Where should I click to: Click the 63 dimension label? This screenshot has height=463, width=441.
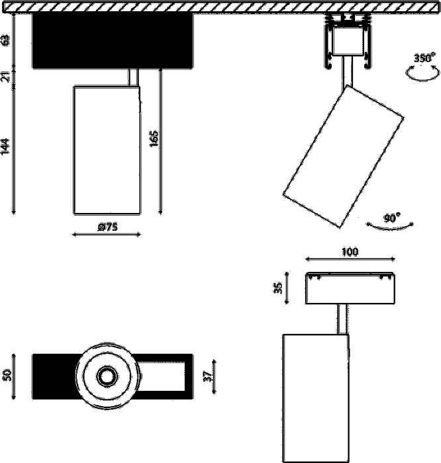click(6, 39)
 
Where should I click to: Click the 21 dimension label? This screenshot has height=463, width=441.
click(6, 76)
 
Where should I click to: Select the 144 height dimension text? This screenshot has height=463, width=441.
click(6, 146)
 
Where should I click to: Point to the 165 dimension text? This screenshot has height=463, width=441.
click(154, 140)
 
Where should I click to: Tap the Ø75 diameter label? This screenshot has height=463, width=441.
click(107, 227)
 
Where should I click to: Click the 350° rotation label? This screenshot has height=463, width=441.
click(424, 58)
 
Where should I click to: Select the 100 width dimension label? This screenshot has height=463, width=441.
click(350, 252)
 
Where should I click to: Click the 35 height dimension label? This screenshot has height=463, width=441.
click(279, 288)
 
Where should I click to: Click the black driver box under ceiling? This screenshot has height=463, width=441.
click(113, 41)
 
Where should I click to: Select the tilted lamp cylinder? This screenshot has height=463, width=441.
click(343, 157)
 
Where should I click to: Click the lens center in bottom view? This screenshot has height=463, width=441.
click(106, 376)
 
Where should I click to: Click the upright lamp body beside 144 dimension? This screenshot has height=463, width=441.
click(107, 149)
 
